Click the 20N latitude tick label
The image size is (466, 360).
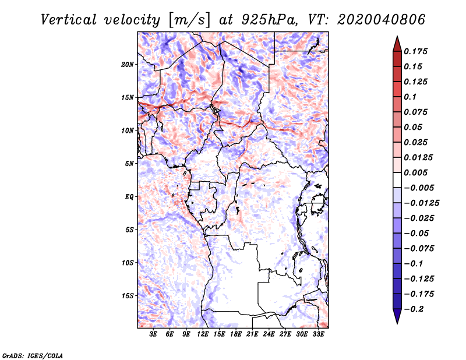128,65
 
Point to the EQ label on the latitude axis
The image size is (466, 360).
129,197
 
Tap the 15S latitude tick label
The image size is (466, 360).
128,296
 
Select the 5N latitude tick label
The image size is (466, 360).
129,164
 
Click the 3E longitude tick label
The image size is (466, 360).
153,334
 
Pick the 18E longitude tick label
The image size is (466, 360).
236,334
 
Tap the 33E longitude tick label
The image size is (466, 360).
318,334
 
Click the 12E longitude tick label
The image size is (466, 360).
203,334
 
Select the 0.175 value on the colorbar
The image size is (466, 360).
415,51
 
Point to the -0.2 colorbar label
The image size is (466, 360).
414,309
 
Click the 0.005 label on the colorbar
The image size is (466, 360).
415,172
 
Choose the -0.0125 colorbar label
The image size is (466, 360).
421,203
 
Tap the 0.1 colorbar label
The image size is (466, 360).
410,97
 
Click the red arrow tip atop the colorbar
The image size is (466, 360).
397,37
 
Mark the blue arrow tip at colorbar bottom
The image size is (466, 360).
397,323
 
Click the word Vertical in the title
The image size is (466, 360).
69,20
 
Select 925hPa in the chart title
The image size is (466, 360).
269,20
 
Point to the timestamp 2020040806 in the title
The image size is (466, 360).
382,20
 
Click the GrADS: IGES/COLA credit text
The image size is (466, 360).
33,355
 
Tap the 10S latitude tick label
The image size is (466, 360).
128,263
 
